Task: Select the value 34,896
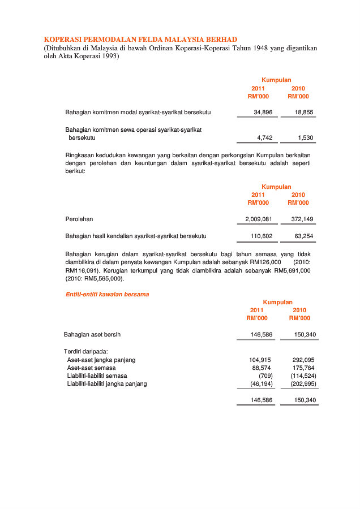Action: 263,113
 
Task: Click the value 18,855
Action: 304,113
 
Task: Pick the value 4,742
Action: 265,137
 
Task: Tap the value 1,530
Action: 306,137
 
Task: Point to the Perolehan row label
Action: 79,219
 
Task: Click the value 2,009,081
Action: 259,219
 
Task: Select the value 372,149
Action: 302,219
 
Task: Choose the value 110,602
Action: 262,236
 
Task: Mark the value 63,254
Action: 304,236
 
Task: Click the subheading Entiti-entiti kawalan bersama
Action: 107,294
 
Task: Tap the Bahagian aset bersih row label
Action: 92,334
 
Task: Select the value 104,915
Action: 260,360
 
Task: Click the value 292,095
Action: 303,360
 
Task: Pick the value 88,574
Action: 262,368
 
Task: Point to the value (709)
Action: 265,376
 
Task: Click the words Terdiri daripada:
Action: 86,352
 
